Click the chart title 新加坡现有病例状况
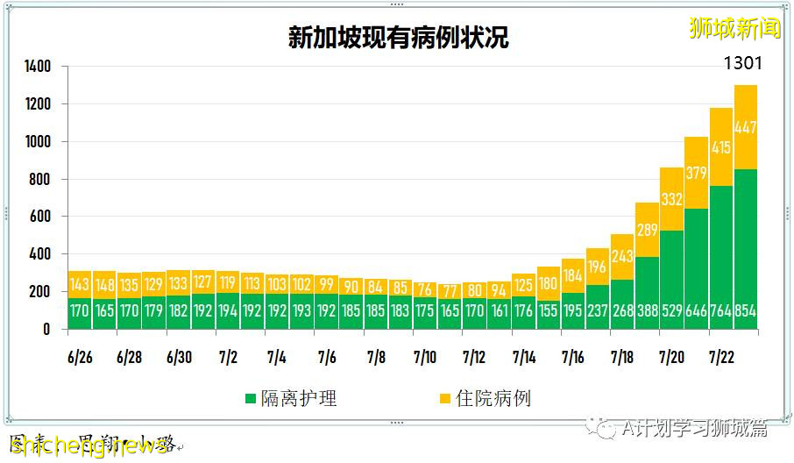[x=398, y=38]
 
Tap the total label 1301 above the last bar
[x=742, y=64]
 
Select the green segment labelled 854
[x=746, y=250]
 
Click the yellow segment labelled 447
[x=746, y=127]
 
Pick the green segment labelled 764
[x=721, y=257]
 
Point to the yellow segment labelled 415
[x=721, y=147]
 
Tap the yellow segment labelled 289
[x=647, y=231]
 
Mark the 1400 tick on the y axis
[x=38, y=67]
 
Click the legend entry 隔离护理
[x=291, y=399]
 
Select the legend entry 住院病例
[x=484, y=399]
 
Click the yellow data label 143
[x=80, y=284]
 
